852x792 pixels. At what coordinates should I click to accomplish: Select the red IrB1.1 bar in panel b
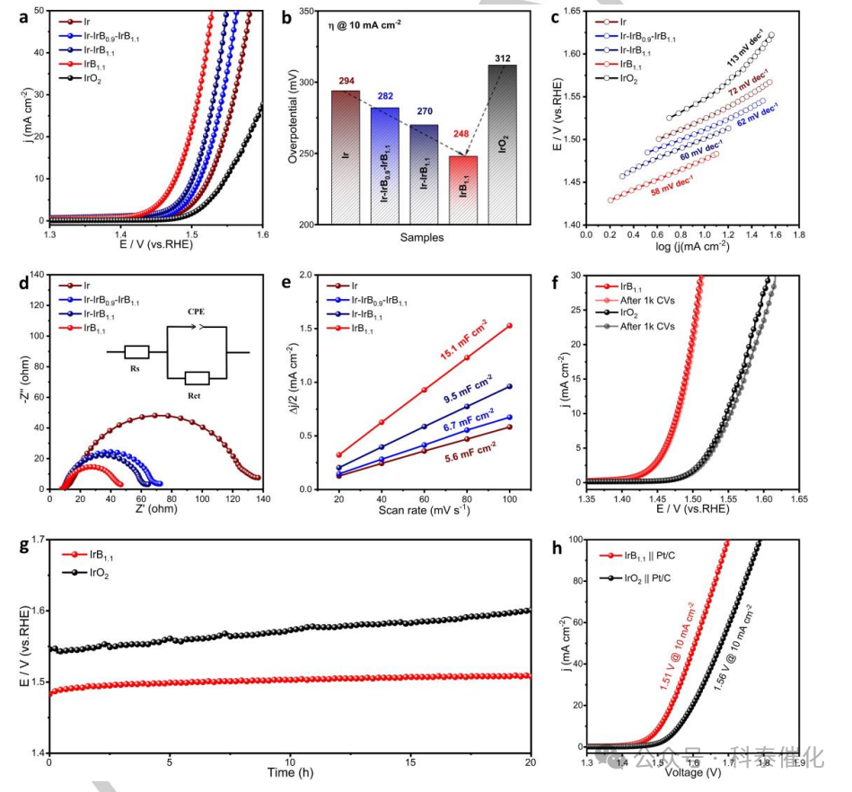point(463,189)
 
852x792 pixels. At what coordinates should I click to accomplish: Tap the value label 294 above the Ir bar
point(346,82)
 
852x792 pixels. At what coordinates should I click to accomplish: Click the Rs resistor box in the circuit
point(136,352)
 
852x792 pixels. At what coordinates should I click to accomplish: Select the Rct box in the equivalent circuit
point(198,378)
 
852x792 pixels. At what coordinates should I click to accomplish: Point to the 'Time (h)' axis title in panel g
point(289,773)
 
